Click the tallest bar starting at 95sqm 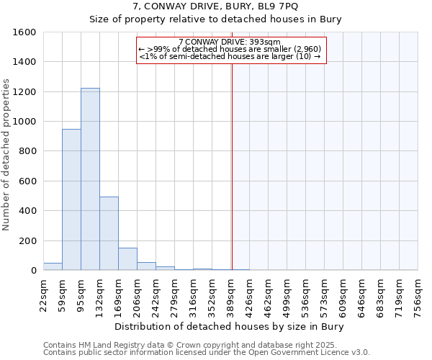tap(90, 179)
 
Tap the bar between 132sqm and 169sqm tap(109, 233)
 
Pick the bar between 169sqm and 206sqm tap(127, 259)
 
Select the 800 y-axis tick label tap(28, 151)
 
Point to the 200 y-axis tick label tap(28, 240)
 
